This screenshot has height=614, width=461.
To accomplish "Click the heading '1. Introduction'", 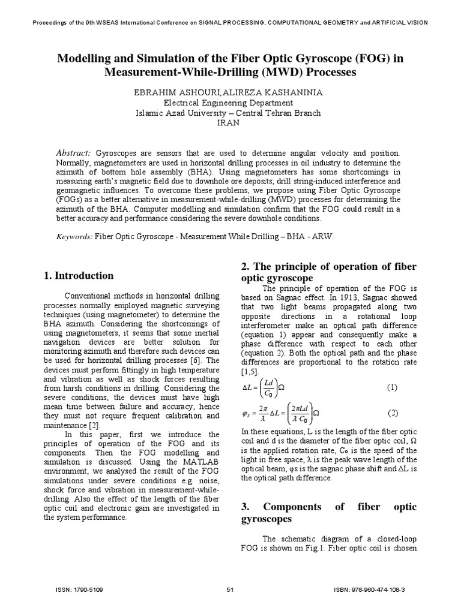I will pyautogui.click(x=79, y=276).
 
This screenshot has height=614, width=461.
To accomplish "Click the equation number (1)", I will pyautogui.click(x=392, y=387).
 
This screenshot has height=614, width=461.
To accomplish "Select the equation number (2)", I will pyautogui.click(x=392, y=413).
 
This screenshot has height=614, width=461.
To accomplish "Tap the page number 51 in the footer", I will pyautogui.click(x=230, y=590).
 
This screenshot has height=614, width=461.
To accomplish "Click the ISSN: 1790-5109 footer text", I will pyautogui.click(x=79, y=590).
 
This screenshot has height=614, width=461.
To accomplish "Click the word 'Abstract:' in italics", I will pyautogui.click(x=73, y=153).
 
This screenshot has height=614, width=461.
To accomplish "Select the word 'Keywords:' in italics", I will pyautogui.click(x=74, y=236).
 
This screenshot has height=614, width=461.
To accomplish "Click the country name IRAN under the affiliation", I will pyautogui.click(x=228, y=122).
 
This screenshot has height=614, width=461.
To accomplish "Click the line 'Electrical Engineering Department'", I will pyautogui.click(x=228, y=103).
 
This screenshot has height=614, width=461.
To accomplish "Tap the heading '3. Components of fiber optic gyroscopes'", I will pyautogui.click(x=328, y=513).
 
